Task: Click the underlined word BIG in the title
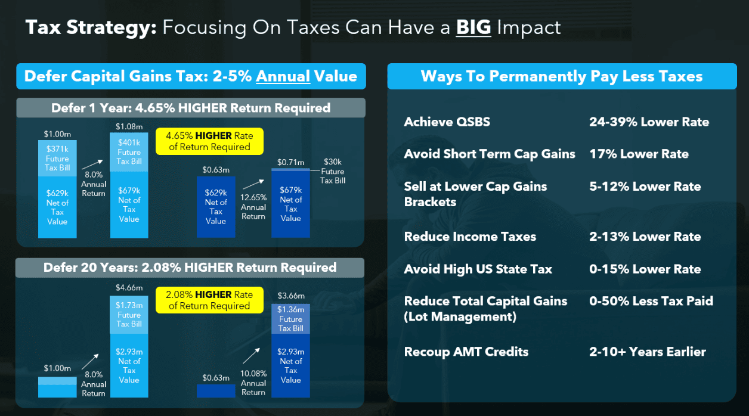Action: [473, 27]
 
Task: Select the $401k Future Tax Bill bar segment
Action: [129, 151]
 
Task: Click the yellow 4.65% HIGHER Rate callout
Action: [209, 141]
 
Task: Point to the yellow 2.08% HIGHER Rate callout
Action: [209, 300]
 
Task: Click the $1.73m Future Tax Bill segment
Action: [129, 315]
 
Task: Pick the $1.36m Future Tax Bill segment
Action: [290, 319]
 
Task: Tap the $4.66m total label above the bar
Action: [129, 288]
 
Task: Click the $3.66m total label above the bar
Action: [290, 296]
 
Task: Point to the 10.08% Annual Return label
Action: [253, 383]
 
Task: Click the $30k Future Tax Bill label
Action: [332, 171]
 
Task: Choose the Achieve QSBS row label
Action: [447, 122]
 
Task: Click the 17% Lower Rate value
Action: [639, 154]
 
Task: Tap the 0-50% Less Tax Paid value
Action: [651, 301]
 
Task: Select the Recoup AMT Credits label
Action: [466, 352]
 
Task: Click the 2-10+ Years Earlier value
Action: [647, 352]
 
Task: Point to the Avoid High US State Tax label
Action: [478, 269]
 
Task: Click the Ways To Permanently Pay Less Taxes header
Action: [561, 76]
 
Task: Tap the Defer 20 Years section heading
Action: [190, 268]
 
